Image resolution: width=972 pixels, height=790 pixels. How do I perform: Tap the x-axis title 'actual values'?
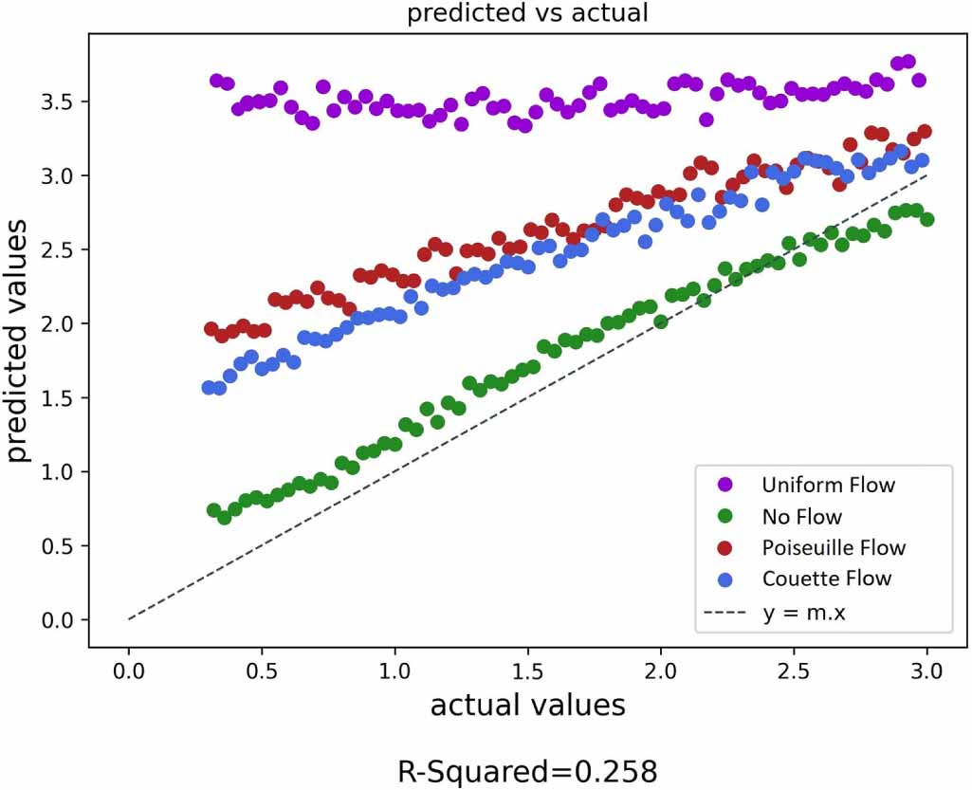[x=527, y=706]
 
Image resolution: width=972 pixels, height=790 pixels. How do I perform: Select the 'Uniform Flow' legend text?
[x=828, y=486]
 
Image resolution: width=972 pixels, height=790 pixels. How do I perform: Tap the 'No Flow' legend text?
[x=801, y=517]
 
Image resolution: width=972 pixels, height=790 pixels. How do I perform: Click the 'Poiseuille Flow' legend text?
[x=834, y=548]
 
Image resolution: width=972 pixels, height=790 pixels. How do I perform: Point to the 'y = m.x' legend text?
[x=803, y=612]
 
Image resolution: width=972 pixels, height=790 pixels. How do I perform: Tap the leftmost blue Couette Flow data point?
[x=209, y=387]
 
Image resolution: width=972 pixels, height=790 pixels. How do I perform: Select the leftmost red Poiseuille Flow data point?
[x=211, y=329]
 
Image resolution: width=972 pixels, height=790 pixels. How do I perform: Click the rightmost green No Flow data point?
[x=927, y=219]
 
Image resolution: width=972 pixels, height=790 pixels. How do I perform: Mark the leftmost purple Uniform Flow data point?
[x=216, y=81]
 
